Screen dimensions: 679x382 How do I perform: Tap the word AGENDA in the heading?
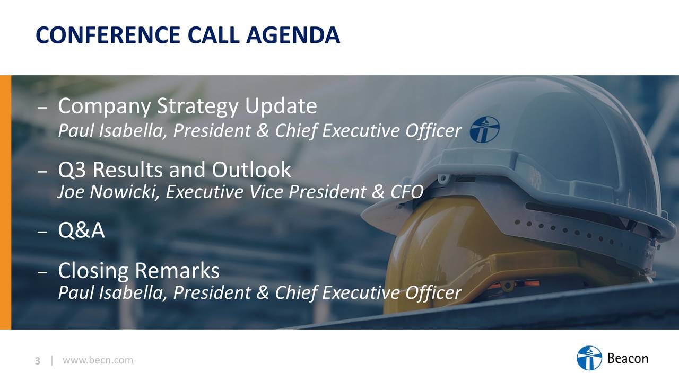click(293, 35)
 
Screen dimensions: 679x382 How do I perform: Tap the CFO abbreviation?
click(407, 192)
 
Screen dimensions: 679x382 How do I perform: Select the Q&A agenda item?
click(81, 230)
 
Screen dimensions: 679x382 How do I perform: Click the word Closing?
click(93, 271)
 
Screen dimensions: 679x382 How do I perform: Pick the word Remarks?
click(177, 270)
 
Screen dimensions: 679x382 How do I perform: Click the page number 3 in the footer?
click(38, 361)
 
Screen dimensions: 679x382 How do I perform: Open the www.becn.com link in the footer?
click(98, 360)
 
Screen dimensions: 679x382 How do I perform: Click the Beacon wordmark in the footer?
click(628, 358)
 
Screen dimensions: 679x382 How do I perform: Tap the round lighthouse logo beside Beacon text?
click(589, 358)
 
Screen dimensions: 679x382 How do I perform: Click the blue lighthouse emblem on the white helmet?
click(484, 129)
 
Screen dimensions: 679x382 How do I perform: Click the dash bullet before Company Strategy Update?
click(42, 108)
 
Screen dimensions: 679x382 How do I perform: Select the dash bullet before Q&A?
click(42, 232)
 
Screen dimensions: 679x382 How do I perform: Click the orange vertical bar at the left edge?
click(5, 202)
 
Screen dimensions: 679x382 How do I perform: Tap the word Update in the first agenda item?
click(281, 107)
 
